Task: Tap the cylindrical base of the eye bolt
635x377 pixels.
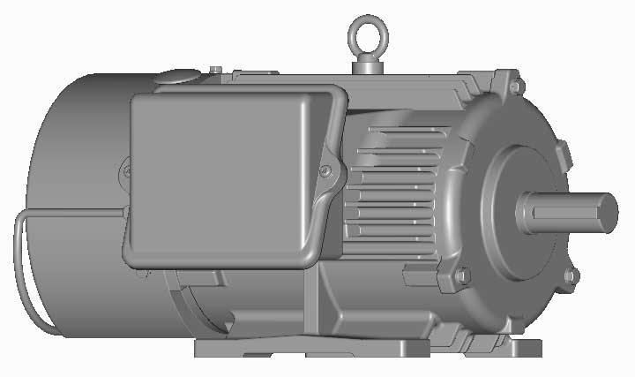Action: [x=364, y=65]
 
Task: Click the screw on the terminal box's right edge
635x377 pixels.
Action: [x=325, y=170]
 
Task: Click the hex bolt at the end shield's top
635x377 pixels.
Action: [x=517, y=86]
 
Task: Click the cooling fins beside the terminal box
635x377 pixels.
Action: [x=388, y=194]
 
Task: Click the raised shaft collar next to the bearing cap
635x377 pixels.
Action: [x=527, y=212]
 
